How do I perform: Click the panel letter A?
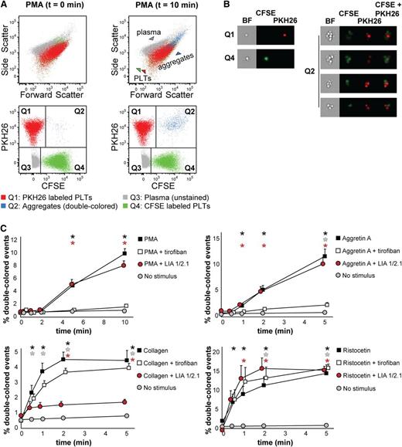coord(6,6)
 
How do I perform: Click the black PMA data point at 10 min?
coord(124,252)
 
